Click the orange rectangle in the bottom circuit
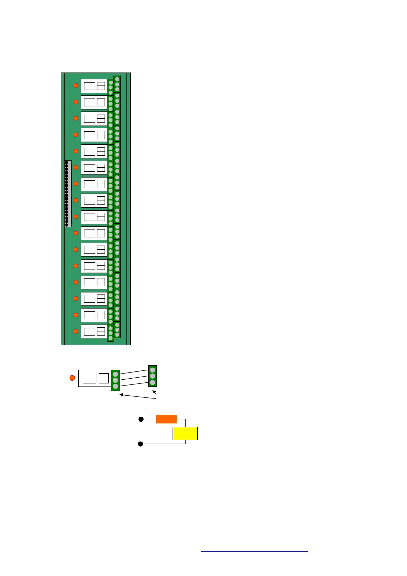point(166,419)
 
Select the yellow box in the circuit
point(185,433)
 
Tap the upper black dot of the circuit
point(140,419)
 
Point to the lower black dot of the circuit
point(140,444)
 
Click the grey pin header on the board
point(68,194)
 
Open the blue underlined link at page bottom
point(254,551)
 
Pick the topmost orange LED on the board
point(76,86)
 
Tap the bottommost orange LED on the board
point(76,331)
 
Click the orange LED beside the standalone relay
point(72,378)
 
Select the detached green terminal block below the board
point(152,376)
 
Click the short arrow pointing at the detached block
point(154,392)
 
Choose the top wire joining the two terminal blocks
point(134,372)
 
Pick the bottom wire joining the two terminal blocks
point(134,384)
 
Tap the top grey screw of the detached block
point(152,370)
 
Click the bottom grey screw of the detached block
point(152,382)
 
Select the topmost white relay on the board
point(94,86)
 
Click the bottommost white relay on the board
point(94,331)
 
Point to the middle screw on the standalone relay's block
point(116,380)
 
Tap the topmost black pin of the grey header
point(67,163)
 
